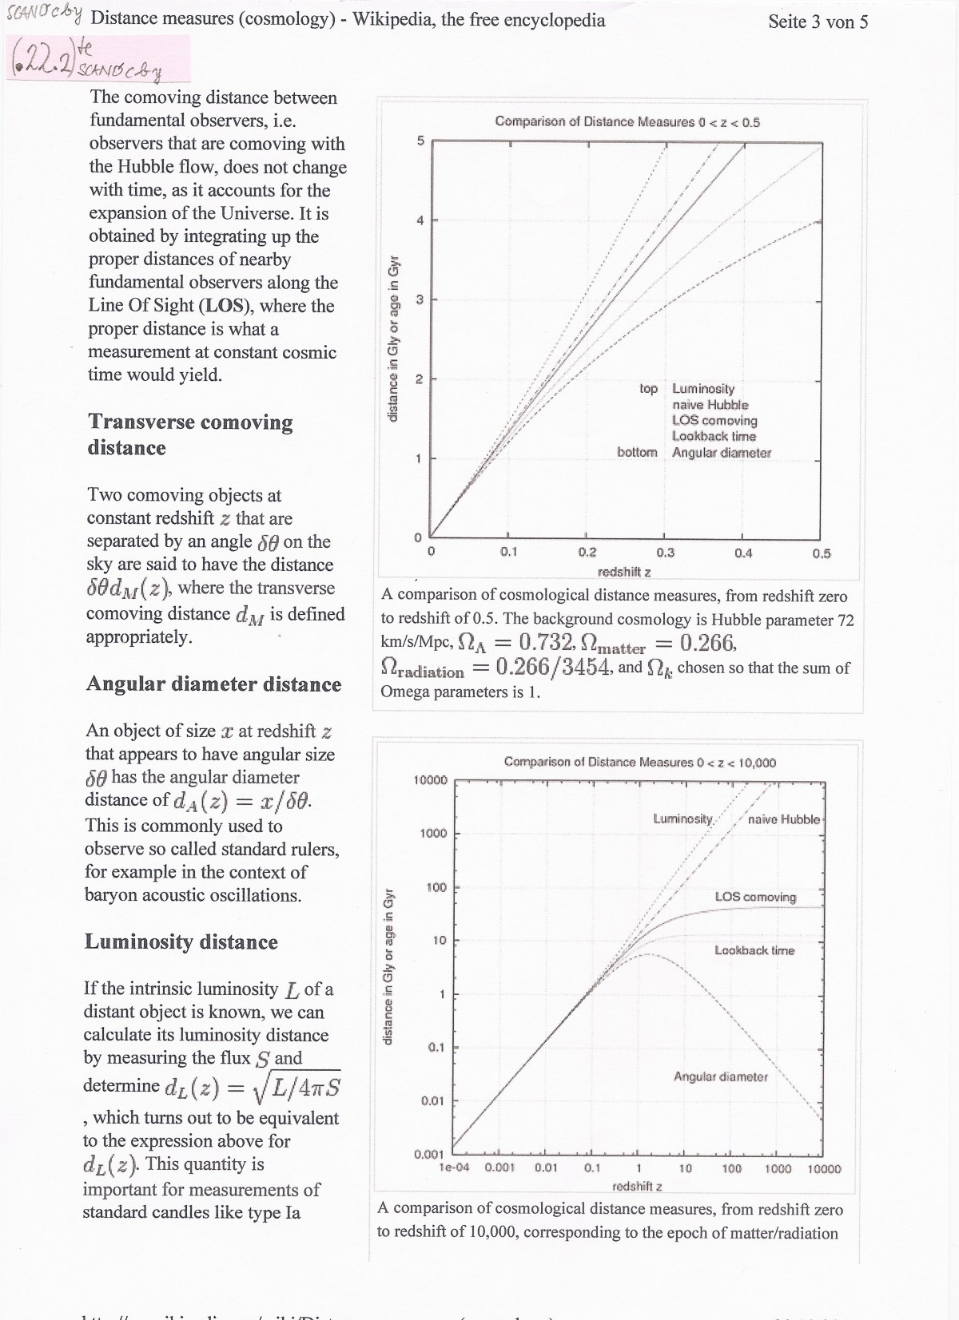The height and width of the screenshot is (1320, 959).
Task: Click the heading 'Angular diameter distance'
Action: point(213,684)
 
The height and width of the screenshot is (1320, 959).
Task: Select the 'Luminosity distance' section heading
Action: point(181,942)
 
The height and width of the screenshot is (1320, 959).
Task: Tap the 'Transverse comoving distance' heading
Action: point(190,434)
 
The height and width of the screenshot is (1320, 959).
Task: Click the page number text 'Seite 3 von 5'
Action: point(818,22)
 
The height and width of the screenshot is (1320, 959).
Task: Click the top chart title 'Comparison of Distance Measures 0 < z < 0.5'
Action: point(627,122)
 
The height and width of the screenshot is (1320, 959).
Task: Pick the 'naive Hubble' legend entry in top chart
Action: point(710,405)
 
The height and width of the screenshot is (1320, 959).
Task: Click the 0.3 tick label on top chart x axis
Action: point(665,553)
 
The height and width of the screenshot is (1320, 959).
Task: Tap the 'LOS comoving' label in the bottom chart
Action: point(755,897)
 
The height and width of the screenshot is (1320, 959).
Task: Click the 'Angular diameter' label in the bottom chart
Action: point(720,1076)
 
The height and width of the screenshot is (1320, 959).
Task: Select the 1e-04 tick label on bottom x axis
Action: point(454,1168)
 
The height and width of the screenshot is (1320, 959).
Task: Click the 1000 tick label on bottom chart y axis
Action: point(433,833)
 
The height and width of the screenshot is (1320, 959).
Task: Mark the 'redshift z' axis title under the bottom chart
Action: point(637,1186)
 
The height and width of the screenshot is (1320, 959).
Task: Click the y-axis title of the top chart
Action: point(393,339)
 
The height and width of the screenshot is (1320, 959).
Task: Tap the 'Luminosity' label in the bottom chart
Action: point(682,819)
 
